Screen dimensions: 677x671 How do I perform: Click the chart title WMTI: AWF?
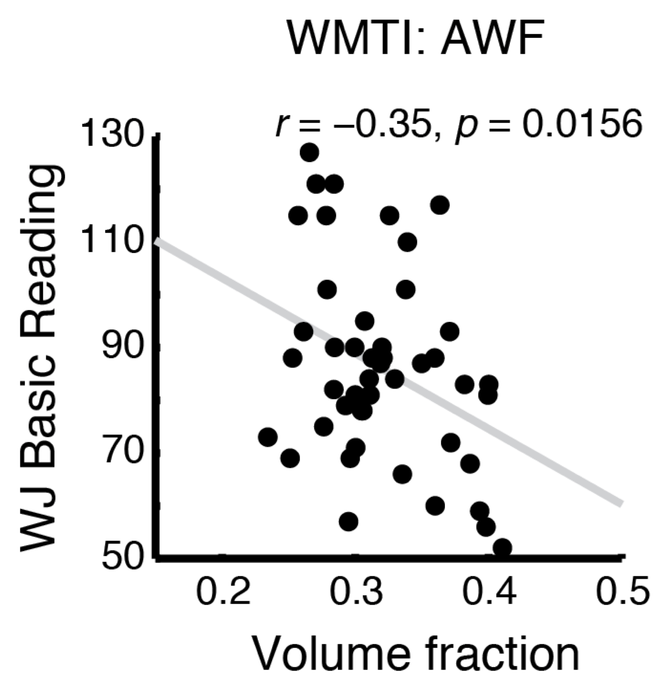414,39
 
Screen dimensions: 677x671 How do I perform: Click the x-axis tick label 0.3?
357,591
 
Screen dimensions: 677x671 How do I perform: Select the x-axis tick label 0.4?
489,591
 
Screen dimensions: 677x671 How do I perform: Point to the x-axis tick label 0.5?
622,591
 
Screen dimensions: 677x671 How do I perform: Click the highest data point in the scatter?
309,152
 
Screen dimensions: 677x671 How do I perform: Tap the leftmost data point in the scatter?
268,437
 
